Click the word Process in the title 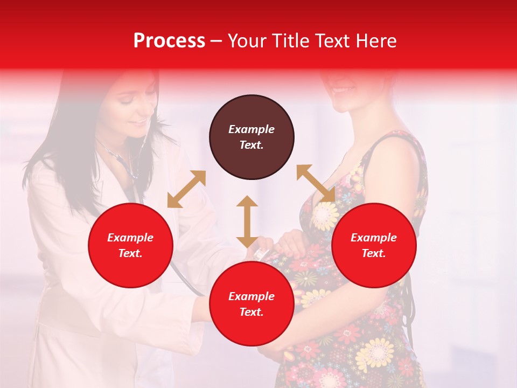click(x=169, y=41)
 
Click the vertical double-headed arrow click(x=247, y=221)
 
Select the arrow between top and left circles click(x=186, y=189)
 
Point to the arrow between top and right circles click(x=316, y=184)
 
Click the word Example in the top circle click(x=251, y=129)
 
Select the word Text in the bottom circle click(x=251, y=312)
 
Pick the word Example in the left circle click(x=130, y=238)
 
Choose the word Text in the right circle click(x=374, y=253)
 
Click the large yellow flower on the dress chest click(x=325, y=216)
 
